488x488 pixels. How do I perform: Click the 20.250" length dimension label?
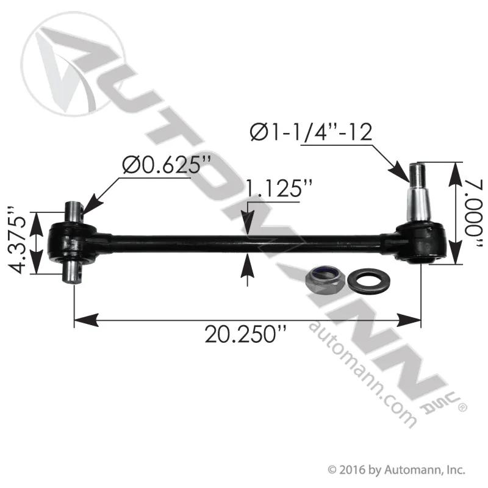click(x=245, y=333)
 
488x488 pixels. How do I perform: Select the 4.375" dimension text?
click(x=16, y=239)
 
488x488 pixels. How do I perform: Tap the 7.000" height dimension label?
click(x=475, y=215)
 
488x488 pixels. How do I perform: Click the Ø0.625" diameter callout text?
click(x=167, y=164)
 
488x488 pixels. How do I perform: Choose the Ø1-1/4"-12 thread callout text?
click(x=311, y=132)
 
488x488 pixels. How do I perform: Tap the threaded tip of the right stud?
click(x=416, y=174)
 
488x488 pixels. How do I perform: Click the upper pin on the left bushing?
click(x=73, y=212)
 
